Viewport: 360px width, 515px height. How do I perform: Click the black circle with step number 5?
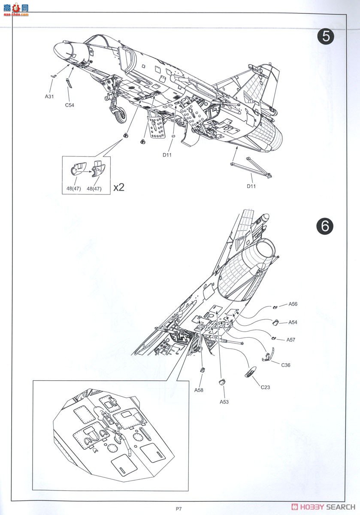tap(326, 36)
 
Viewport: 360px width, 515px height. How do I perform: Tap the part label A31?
tap(49, 97)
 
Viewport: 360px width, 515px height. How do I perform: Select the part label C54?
tap(70, 105)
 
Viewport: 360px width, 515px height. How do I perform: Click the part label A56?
tap(293, 304)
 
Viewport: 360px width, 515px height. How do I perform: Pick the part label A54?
tap(293, 322)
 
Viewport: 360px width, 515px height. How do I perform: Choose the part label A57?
tap(291, 339)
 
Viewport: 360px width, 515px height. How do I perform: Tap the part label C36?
tap(286, 365)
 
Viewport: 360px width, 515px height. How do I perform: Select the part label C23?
tap(265, 387)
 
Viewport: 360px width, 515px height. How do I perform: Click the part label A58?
tap(199, 390)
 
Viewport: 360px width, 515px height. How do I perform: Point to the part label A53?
tap(224, 402)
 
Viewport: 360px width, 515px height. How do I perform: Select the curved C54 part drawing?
tap(69, 83)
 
